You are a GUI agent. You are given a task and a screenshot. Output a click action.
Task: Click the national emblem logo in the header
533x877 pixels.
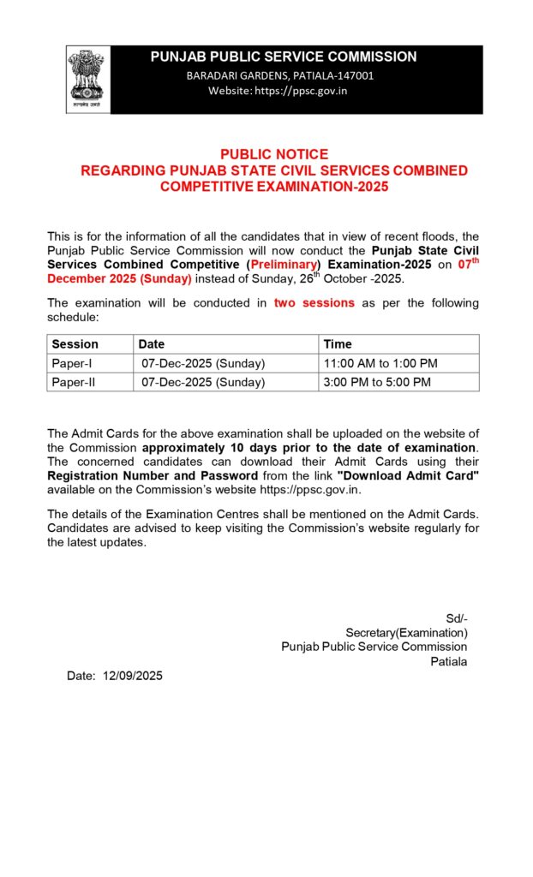tap(88, 79)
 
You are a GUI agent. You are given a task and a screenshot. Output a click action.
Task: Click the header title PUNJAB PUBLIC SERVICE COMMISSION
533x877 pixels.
tap(284, 57)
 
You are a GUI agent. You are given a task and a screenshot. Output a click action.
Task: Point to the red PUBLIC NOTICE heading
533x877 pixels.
tap(274, 154)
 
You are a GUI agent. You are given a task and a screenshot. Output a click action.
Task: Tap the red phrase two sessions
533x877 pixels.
tap(314, 303)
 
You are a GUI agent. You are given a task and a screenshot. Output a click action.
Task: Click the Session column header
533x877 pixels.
tap(75, 344)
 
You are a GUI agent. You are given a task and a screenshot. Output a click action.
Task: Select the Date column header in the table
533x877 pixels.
tap(152, 344)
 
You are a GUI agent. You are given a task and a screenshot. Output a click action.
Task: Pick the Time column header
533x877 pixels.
tap(338, 344)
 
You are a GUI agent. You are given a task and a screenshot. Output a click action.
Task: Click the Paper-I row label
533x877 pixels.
tap(72, 363)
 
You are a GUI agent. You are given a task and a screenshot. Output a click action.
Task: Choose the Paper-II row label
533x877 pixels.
tap(74, 382)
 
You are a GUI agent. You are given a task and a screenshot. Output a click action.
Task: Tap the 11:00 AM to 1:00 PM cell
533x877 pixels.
tap(380, 363)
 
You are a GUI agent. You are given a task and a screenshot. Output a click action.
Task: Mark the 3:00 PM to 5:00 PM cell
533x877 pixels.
tap(377, 382)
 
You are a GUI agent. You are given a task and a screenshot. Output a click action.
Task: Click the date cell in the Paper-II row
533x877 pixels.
tap(203, 382)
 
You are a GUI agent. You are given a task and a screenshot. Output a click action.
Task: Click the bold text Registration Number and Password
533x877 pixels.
tap(153, 475)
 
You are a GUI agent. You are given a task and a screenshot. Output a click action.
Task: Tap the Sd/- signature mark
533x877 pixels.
tap(457, 618)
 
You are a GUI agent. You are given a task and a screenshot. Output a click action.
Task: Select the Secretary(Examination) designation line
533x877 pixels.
tap(406, 633)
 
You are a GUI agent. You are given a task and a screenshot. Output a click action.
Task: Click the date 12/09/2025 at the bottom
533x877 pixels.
tap(132, 676)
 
